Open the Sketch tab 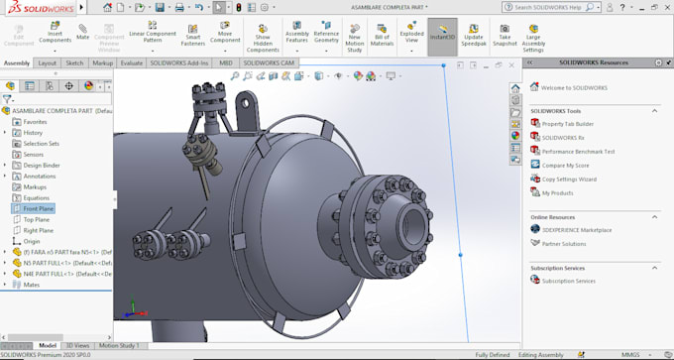pos(74,62)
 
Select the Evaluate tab pos(132,62)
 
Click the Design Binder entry pos(42,165)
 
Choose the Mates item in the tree pos(32,285)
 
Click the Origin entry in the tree pos(32,241)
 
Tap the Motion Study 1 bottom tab pos(118,345)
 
